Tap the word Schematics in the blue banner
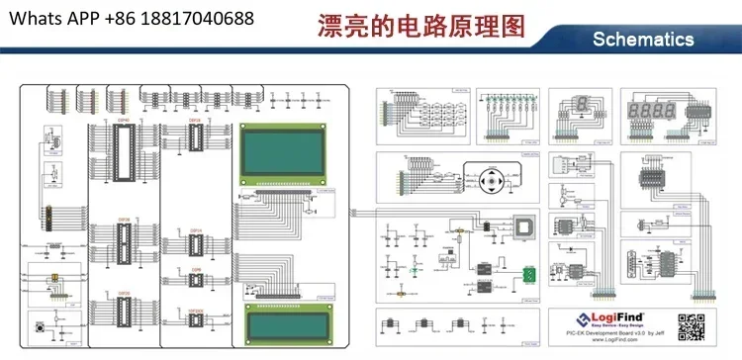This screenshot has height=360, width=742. point(643,40)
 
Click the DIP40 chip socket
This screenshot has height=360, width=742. point(125,148)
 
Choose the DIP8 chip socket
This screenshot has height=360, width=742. point(196,281)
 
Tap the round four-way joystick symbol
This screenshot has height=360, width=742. point(492,185)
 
